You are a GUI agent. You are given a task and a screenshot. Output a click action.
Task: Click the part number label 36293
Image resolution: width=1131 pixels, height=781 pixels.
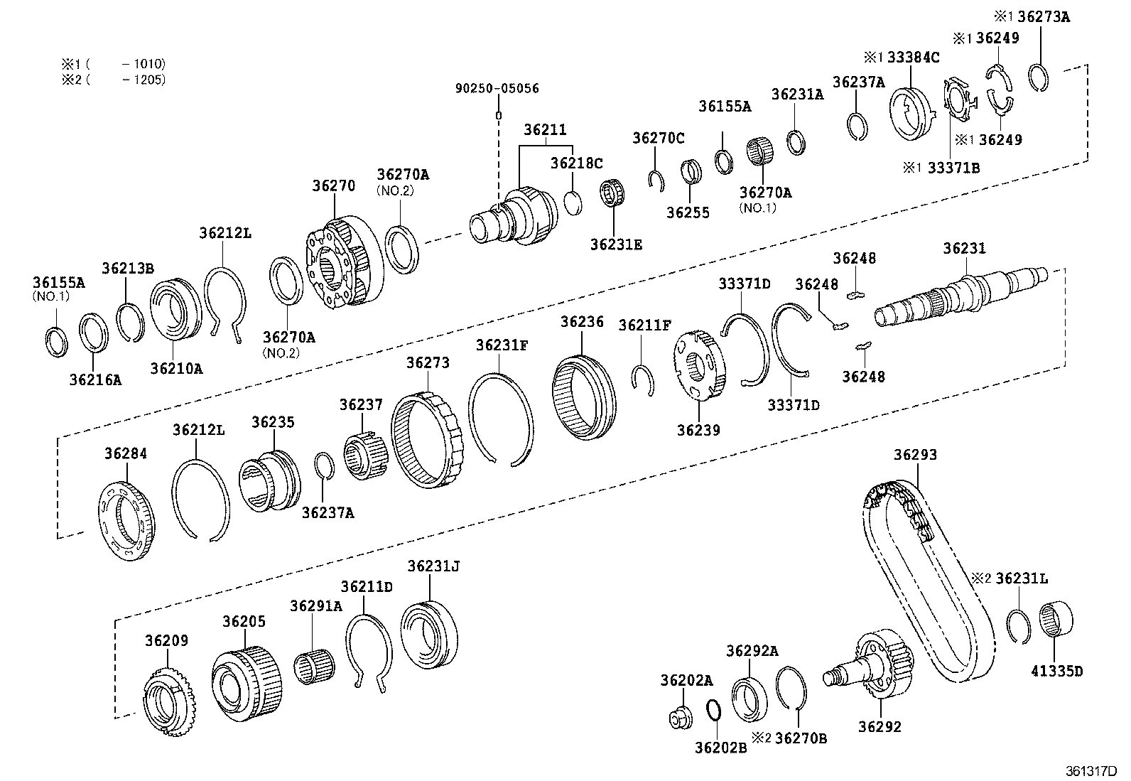915,455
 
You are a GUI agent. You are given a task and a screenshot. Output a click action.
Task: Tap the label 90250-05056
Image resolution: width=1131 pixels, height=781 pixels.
497,88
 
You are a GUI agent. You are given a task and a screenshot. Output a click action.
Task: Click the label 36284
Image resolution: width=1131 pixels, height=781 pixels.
126,453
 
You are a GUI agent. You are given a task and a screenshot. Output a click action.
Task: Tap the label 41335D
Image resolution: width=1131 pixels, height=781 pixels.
1056,670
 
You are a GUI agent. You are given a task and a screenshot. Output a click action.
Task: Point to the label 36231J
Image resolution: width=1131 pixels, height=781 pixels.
433,566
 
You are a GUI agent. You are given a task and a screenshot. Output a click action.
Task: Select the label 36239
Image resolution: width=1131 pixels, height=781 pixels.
698,430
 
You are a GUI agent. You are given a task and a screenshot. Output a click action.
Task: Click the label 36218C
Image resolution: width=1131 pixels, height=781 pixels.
576,163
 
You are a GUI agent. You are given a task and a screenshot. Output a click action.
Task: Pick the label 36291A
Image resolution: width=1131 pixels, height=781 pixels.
315,606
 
